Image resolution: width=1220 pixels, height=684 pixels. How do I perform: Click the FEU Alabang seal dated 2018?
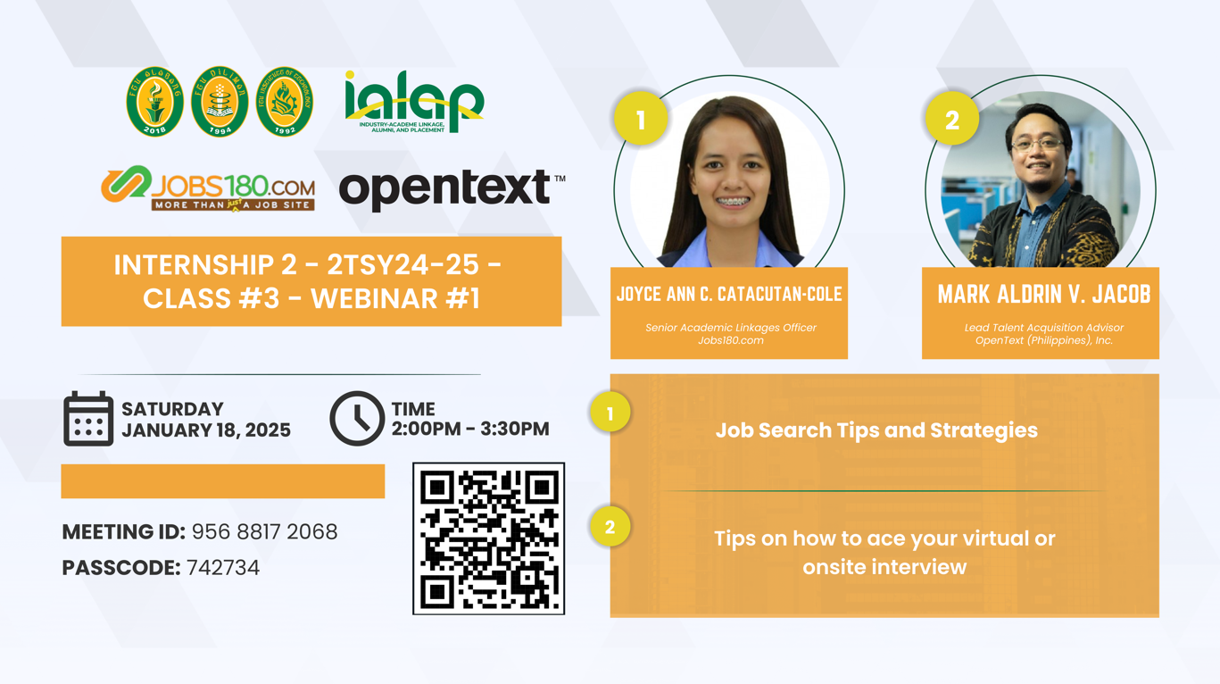point(154,102)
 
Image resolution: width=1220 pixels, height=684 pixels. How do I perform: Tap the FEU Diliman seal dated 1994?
point(220,102)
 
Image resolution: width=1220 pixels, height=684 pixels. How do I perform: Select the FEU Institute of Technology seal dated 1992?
point(285,102)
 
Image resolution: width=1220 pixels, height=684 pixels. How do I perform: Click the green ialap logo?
point(414,102)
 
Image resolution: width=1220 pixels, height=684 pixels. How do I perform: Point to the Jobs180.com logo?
point(208,188)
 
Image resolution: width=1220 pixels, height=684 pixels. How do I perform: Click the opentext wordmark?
point(452,188)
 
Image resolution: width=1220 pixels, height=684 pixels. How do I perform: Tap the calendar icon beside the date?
point(88,419)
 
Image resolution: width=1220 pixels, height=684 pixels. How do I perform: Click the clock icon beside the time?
point(357,419)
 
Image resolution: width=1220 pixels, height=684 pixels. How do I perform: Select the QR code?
point(488,538)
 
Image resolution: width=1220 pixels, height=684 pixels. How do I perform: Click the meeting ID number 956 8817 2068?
point(265,532)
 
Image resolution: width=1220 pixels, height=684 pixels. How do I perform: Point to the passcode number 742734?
point(223,568)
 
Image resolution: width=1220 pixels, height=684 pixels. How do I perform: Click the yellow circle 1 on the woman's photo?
point(641,118)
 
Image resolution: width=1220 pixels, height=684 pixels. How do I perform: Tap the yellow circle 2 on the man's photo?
point(952,118)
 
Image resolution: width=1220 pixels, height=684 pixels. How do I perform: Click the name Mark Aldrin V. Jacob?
point(1044,295)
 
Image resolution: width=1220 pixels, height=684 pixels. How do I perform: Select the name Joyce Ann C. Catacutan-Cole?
point(729,295)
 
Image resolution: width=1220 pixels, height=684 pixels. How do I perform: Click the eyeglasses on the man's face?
point(1038,145)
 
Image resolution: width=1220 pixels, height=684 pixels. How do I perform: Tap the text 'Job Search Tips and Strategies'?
point(877,430)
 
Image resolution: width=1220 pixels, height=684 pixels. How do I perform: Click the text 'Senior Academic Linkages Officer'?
point(731,328)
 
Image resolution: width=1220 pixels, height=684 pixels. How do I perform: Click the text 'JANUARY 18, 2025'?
point(206,430)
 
